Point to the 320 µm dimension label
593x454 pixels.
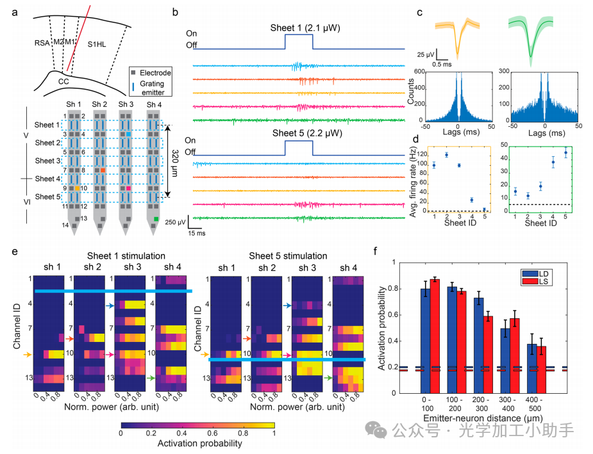174,161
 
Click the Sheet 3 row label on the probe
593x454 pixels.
48,161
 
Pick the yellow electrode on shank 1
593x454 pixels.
76,189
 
